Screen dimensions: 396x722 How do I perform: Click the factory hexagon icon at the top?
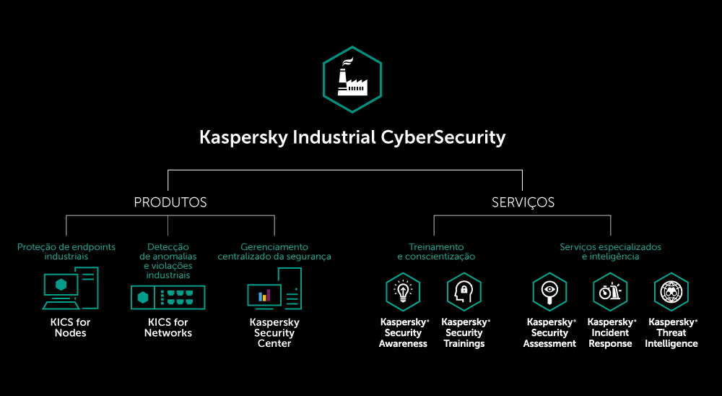[352, 79]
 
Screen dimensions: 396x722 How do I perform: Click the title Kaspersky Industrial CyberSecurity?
[352, 137]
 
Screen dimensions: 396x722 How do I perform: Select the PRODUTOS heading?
[170, 202]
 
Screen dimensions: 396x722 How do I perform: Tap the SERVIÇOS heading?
[523, 202]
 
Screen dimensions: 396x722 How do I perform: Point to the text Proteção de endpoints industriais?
[66, 251]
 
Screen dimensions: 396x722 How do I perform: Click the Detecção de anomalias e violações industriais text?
[168, 261]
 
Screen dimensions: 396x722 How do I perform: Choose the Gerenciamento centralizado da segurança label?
[274, 251]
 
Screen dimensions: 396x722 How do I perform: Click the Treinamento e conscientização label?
[436, 251]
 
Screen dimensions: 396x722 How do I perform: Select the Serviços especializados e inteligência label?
[610, 251]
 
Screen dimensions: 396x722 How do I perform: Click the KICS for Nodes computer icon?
[70, 288]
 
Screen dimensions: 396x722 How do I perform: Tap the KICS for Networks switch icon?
[168, 297]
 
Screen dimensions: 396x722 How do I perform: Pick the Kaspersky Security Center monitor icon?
[274, 289]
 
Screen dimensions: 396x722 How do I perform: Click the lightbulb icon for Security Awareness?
[403, 291]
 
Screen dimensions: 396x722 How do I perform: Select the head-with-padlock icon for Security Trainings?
[464, 291]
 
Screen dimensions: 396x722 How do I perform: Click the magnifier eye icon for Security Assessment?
[549, 291]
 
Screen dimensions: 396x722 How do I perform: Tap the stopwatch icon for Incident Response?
[610, 291]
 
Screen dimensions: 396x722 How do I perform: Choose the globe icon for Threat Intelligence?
[671, 291]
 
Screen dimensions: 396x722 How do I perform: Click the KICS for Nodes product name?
[70, 327]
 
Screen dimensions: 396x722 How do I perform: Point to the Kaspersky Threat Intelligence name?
[672, 332]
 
